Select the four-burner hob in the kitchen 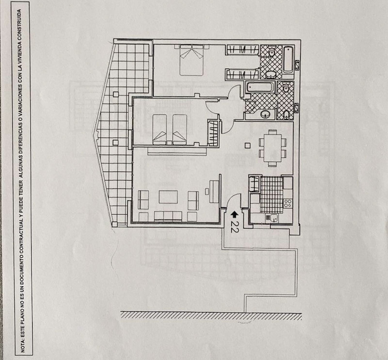tap(287, 203)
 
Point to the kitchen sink tap(271, 218)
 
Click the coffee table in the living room tap(168, 197)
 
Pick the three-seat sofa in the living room tap(167, 216)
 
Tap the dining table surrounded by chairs tap(272, 148)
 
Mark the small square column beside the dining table tap(248, 145)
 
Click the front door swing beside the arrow tap(233, 201)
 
